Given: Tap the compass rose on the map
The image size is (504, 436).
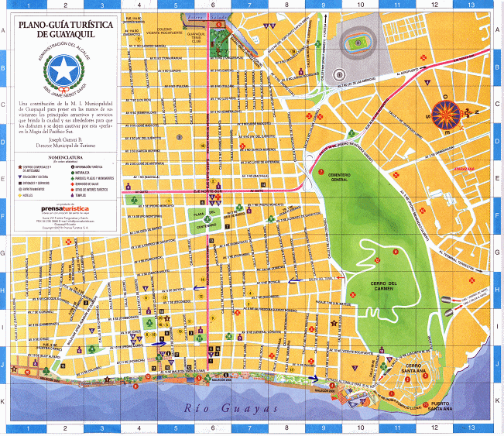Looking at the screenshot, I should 446,114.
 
